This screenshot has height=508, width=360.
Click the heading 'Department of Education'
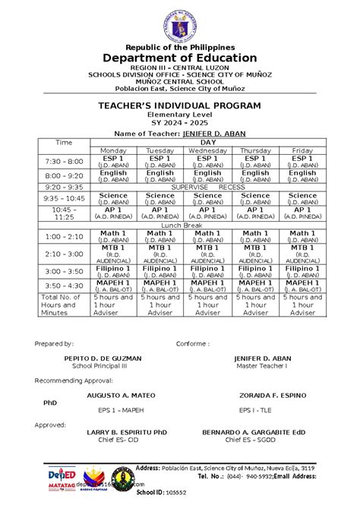pos(180,58)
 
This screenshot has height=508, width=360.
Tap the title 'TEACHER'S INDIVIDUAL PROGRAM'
pos(180,105)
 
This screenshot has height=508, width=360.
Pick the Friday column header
pos(302,150)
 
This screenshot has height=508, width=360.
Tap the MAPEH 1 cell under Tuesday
pos(160,285)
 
